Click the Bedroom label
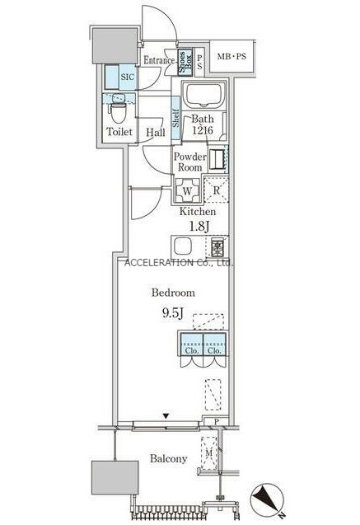click(173, 293)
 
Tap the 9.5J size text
click(173, 313)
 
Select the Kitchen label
click(198, 212)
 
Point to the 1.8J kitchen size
click(199, 227)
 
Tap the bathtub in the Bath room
click(203, 95)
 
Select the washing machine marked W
click(187, 191)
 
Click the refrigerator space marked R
click(217, 190)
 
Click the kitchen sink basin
click(183, 247)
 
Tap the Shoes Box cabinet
click(185, 63)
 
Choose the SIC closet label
click(127, 77)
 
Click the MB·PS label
click(231, 56)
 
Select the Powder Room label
click(189, 162)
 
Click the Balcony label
click(168, 458)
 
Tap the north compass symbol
click(268, 499)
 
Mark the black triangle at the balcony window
click(166, 416)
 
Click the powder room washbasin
click(217, 159)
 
